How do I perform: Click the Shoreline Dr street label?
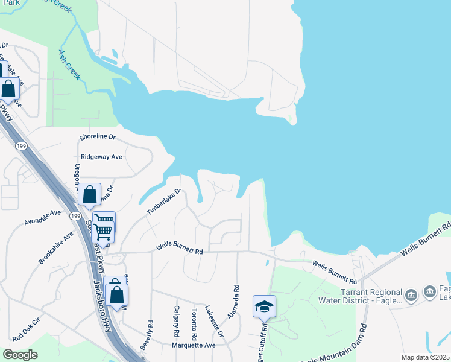(97, 137)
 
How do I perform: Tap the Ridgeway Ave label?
(101, 156)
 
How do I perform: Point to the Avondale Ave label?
(43, 218)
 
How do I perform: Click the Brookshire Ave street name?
(55, 247)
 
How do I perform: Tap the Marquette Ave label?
(192, 345)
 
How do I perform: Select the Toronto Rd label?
(194, 323)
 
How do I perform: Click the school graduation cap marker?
(264, 307)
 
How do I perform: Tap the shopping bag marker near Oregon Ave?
(90, 195)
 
